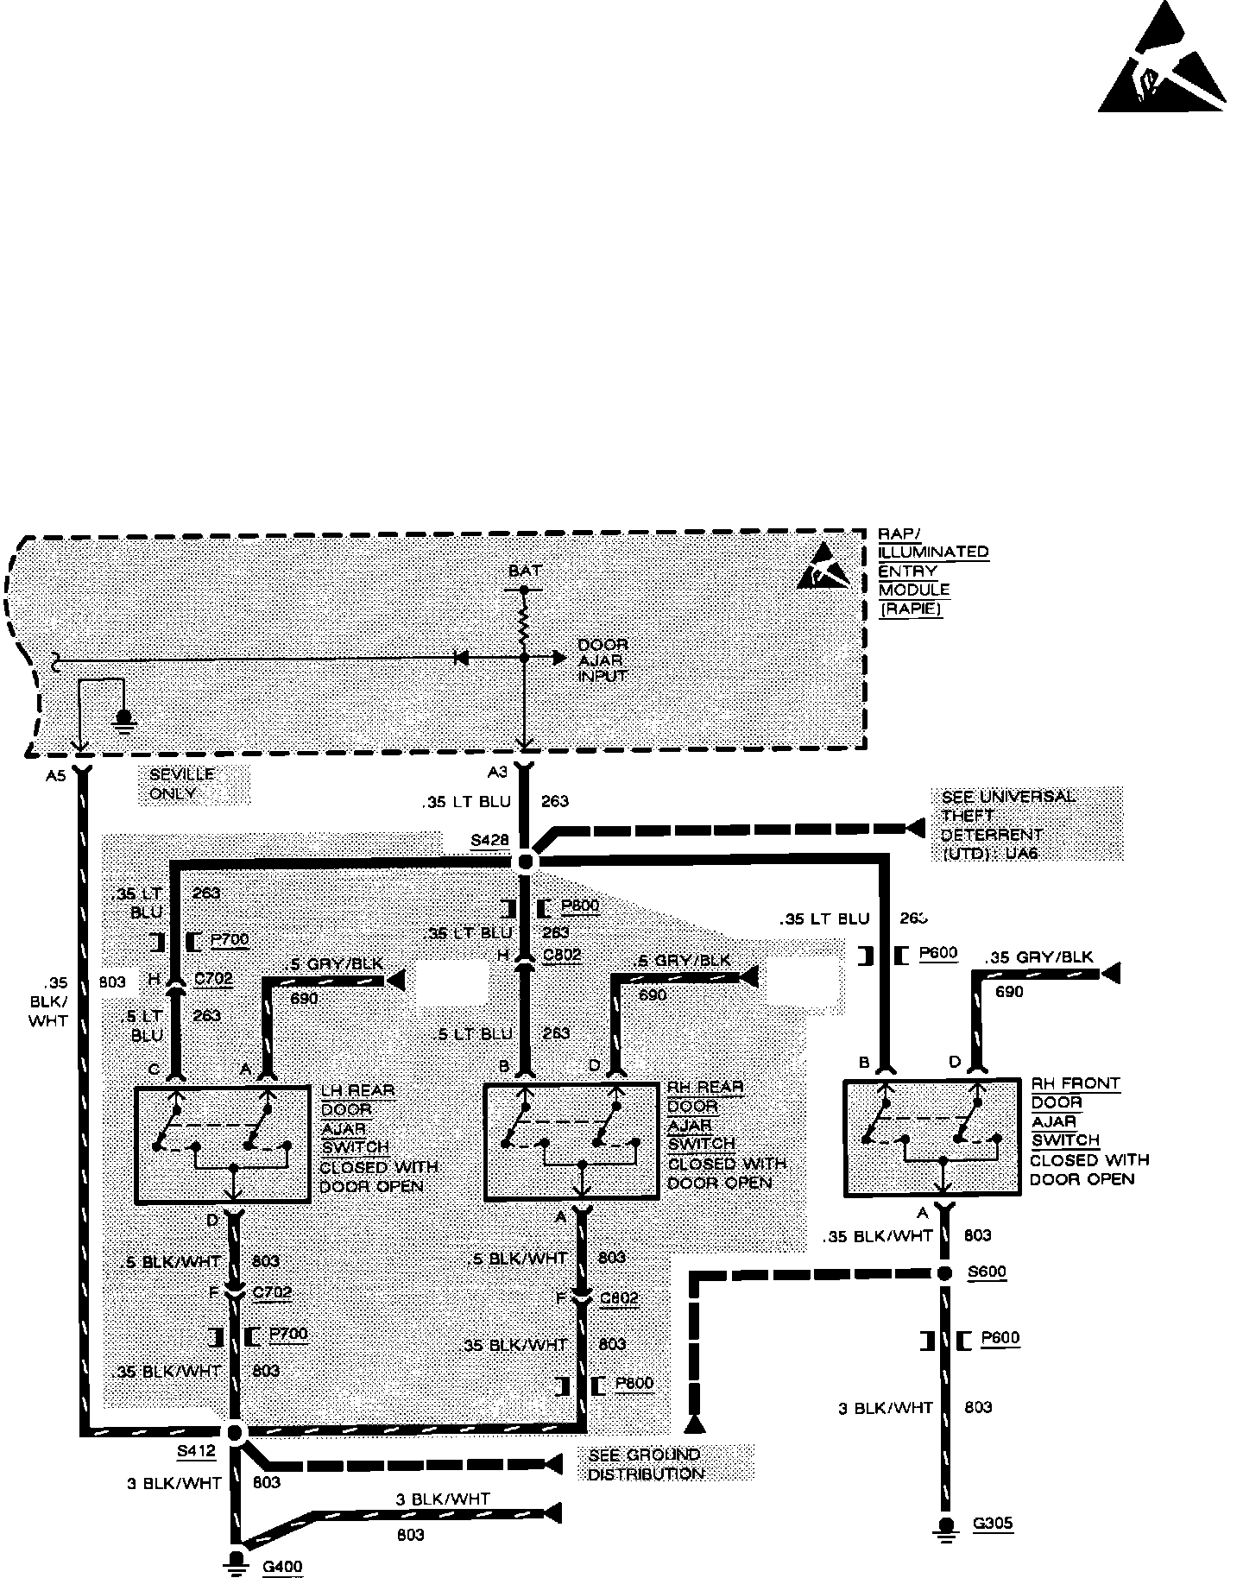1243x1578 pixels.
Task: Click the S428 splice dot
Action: click(x=524, y=862)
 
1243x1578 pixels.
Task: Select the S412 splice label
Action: click(x=196, y=1451)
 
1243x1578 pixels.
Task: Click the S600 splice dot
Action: click(x=945, y=1273)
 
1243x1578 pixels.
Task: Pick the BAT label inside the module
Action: click(x=524, y=571)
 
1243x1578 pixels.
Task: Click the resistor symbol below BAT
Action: click(x=523, y=623)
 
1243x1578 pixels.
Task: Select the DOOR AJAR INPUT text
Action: click(x=603, y=660)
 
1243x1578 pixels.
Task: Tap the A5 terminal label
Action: click(x=56, y=776)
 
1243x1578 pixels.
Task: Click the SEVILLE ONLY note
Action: click(x=182, y=784)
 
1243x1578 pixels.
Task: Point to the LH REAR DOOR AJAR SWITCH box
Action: click(x=223, y=1144)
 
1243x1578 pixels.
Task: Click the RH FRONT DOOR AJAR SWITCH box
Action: click(x=932, y=1137)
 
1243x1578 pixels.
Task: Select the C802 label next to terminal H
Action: click(x=561, y=956)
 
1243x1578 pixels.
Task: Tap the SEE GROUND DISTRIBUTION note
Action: click(x=645, y=1465)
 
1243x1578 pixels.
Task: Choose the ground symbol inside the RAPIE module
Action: click(x=124, y=718)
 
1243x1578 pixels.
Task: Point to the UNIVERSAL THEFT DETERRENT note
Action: click(x=1007, y=824)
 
